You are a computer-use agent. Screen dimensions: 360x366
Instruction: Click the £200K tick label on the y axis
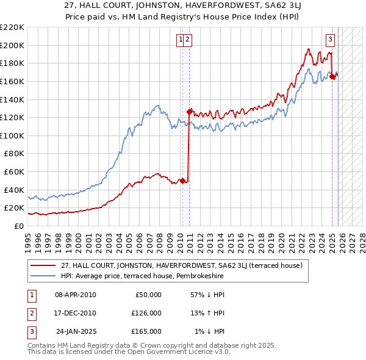pos(12,45)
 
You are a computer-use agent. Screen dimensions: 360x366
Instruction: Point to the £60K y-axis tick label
pos(14,171)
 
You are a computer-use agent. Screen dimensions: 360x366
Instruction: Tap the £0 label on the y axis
pos(19,226)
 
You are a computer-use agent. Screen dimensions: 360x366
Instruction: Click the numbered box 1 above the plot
pos(181,40)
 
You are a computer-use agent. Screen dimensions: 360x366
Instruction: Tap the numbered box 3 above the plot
pos(330,40)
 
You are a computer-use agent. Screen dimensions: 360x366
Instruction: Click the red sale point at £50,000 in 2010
pos(182,181)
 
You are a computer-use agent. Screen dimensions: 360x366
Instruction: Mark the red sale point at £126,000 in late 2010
pos(190,112)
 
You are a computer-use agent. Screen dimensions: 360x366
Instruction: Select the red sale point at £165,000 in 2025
pos(332,76)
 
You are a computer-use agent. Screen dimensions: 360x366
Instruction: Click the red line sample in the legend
pos(44,266)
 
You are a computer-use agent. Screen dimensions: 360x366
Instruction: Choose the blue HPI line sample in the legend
pos(44,276)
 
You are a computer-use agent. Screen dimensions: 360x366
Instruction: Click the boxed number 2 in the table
pos(30,313)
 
